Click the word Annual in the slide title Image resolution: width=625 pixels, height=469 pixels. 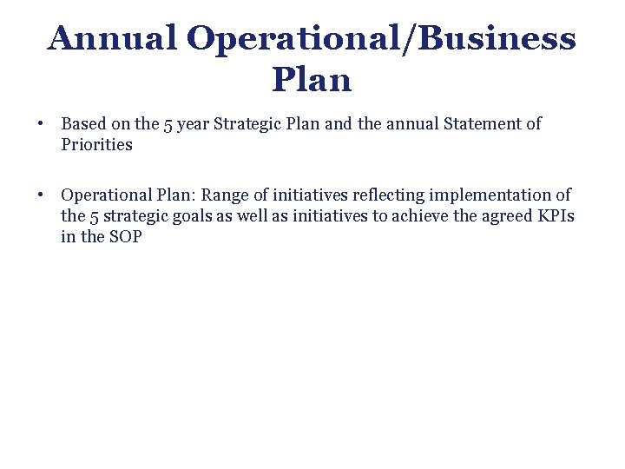[x=112, y=38]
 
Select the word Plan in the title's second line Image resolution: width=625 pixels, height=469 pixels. [x=312, y=80]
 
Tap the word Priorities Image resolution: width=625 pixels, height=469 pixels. [x=96, y=145]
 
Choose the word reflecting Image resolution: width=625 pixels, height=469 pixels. [x=387, y=195]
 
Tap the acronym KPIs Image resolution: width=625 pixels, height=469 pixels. [x=557, y=216]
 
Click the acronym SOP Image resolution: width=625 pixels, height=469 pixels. [x=125, y=237]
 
